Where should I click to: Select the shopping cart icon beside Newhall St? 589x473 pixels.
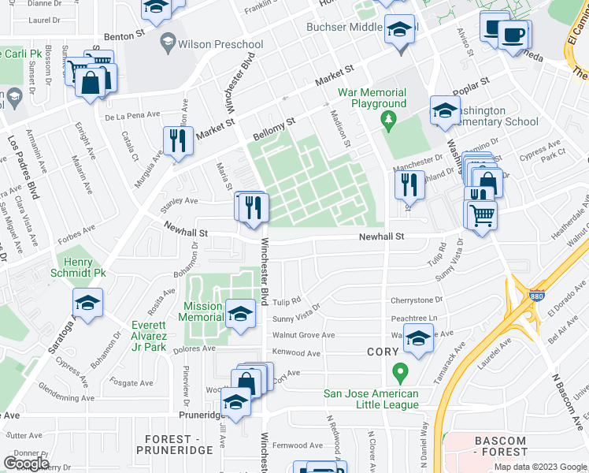pos(481,214)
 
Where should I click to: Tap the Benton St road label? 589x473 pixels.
pos(125,35)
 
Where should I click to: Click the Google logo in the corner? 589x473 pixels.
pos(26,463)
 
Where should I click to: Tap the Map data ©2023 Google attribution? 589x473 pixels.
pos(539,467)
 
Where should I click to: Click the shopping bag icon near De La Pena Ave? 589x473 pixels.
pos(91,83)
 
